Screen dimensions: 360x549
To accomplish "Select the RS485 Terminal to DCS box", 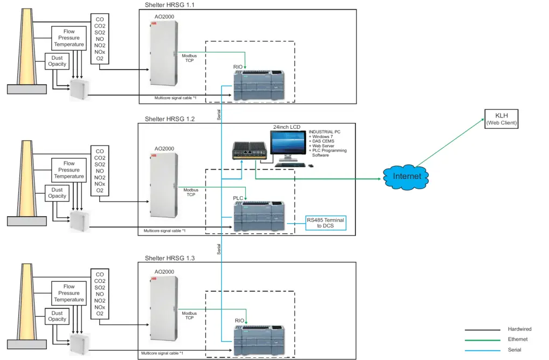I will tap(325, 223).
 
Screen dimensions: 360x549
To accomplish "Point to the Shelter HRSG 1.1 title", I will tap(170, 5).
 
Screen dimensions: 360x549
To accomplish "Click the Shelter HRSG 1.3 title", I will tap(170, 258).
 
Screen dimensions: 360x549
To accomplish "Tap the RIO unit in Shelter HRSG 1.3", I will tap(259, 340).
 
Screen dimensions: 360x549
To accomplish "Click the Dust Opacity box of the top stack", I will tap(57, 61).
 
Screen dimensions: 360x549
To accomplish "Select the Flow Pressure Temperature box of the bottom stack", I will tap(69, 293).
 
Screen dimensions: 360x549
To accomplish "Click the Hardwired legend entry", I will tap(518, 329).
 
